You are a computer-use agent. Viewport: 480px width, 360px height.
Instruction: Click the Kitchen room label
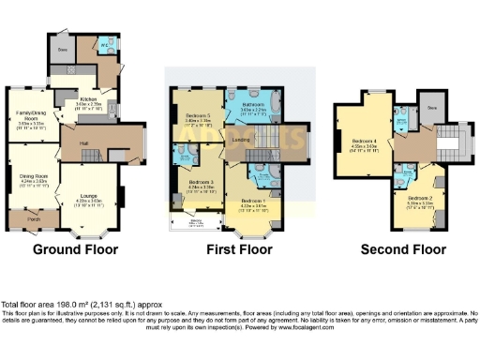89,97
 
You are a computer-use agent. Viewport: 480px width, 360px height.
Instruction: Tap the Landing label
241,138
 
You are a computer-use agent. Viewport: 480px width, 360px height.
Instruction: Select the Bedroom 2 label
421,199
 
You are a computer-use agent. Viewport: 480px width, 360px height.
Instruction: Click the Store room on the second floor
431,107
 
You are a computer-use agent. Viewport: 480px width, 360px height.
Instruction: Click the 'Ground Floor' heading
76,250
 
